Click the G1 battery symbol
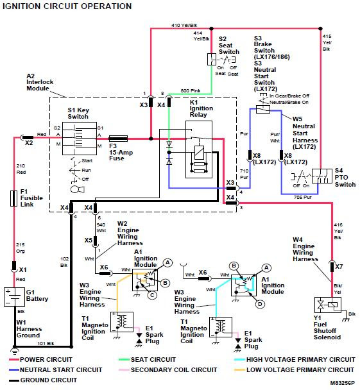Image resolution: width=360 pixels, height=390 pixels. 14,297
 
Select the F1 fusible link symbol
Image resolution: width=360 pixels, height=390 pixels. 14,198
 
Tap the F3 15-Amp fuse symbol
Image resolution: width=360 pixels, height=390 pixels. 118,139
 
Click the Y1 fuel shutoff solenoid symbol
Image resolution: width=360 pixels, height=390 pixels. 327,305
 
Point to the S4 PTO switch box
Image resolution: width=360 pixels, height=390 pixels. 322,176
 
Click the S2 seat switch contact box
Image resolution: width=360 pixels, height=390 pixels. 212,59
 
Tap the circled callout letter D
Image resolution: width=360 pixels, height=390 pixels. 260,304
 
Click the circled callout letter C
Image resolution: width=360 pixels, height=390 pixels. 152,295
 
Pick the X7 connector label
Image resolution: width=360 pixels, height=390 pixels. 339,267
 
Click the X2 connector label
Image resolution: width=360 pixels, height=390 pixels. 29,143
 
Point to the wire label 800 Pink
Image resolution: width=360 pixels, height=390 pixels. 191,91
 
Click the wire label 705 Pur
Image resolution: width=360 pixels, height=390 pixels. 302,197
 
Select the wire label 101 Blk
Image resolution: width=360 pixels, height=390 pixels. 46,343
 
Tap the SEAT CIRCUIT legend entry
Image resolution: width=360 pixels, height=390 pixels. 148,359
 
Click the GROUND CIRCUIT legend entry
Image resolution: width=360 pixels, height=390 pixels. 43,380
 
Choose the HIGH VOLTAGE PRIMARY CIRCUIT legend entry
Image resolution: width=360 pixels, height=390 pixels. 295,359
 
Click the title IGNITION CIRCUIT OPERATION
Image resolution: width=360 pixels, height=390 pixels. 67,6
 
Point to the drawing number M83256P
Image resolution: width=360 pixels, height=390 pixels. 342,383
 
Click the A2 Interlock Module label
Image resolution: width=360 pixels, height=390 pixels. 40,82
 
